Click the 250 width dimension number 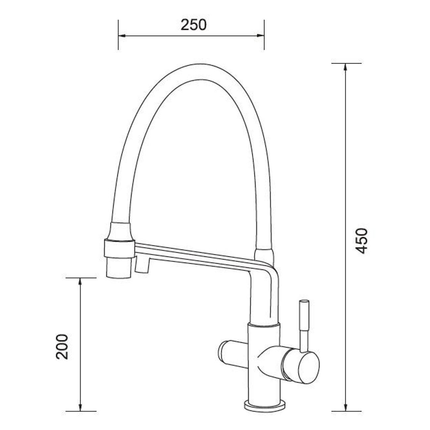(x=193, y=25)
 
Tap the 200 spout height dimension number (x=62, y=346)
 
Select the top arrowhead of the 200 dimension (x=80, y=281)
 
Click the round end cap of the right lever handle (x=308, y=367)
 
